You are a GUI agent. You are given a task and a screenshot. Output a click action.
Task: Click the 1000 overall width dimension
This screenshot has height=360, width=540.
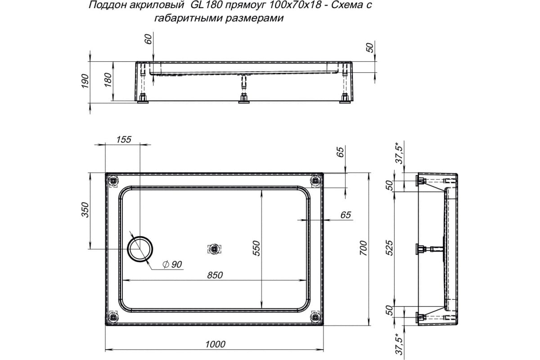click(215, 344)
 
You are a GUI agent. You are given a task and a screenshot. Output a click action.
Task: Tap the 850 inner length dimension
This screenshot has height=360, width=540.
click(215, 275)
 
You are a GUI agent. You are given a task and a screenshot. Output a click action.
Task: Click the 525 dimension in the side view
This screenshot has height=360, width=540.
click(390, 248)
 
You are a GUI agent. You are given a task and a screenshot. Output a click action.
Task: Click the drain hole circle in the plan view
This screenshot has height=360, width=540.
click(140, 248)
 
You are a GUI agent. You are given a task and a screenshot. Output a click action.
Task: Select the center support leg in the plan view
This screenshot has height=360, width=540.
click(215, 249)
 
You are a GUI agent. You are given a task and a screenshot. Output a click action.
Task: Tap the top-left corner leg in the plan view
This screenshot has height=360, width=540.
click(113, 181)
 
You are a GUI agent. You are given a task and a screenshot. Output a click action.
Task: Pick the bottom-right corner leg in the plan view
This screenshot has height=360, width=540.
click(316, 317)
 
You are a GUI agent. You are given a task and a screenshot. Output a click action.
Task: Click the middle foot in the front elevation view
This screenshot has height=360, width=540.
click(243, 99)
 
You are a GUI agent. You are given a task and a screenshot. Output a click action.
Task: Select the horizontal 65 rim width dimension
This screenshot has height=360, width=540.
click(345, 215)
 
